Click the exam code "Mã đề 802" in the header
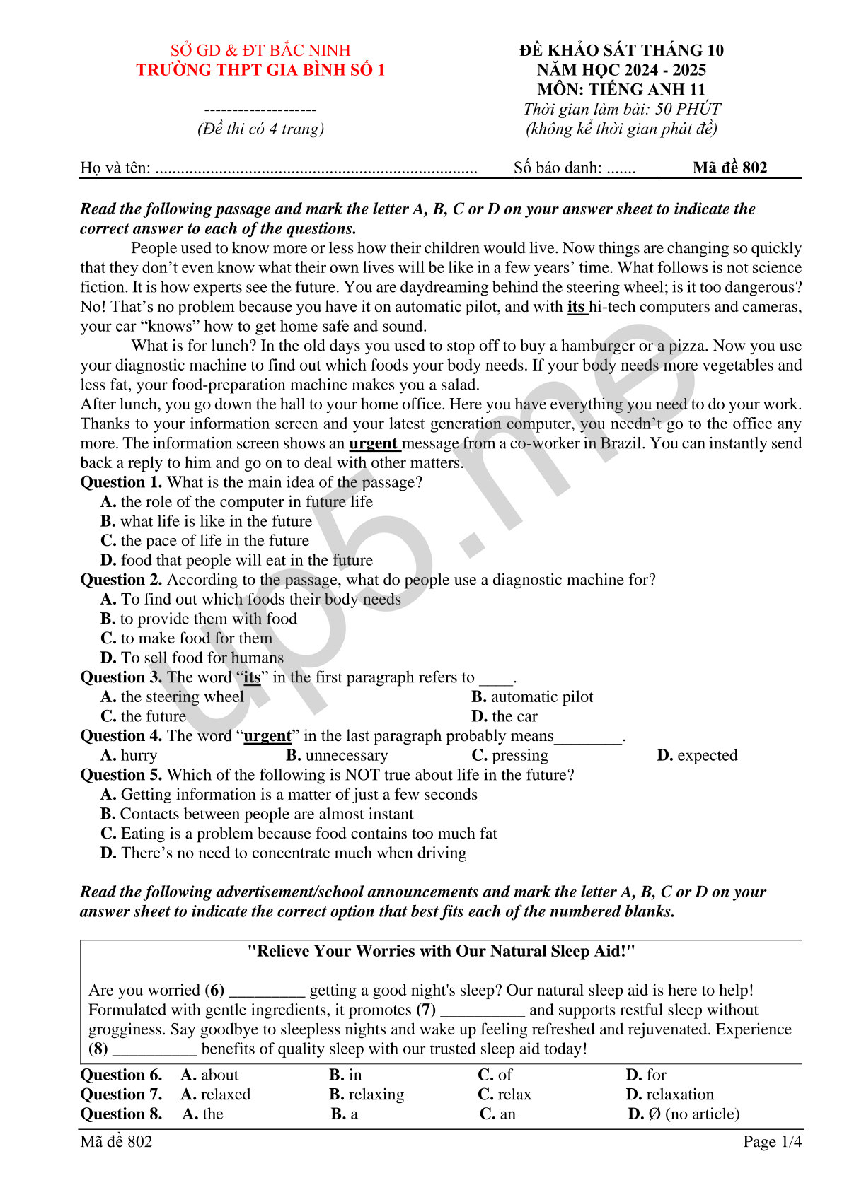pyautogui.click(x=729, y=168)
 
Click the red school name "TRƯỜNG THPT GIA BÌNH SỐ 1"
pyautogui.click(x=260, y=70)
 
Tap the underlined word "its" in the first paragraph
pyautogui.click(x=576, y=307)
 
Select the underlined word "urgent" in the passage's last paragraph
pyautogui.click(x=373, y=443)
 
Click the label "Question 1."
pyautogui.click(x=121, y=482)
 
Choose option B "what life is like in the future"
pyautogui.click(x=207, y=521)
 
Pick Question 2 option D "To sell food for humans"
pyautogui.click(x=192, y=658)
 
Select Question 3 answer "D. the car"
pyautogui.click(x=504, y=716)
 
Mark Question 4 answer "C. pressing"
pyautogui.click(x=510, y=755)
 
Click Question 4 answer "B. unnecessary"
pyautogui.click(x=337, y=755)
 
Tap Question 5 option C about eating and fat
pyautogui.click(x=299, y=834)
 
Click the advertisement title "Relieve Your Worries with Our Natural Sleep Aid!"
pyautogui.click(x=441, y=951)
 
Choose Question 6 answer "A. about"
pyautogui.click(x=210, y=1075)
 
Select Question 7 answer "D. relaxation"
pyautogui.click(x=670, y=1095)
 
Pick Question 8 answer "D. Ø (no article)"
pyautogui.click(x=684, y=1114)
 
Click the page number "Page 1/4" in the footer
pyautogui.click(x=772, y=1141)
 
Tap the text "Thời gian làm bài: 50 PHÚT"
pyautogui.click(x=622, y=109)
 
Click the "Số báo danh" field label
pyautogui.click(x=558, y=168)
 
